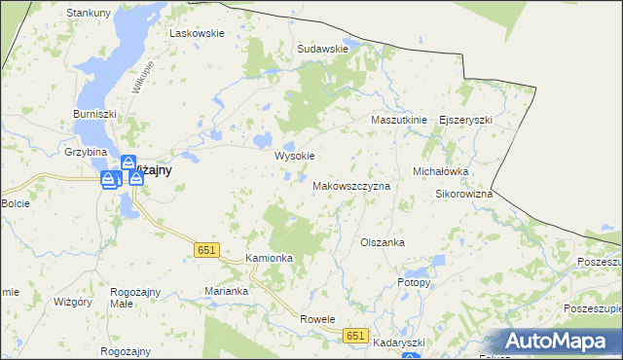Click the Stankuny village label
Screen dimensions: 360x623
pyautogui.click(x=88, y=13)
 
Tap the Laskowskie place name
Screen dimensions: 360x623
pyautogui.click(x=198, y=32)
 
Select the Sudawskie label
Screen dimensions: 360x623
pyautogui.click(x=323, y=48)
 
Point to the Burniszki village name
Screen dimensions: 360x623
pyautogui.click(x=95, y=114)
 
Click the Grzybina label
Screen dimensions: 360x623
pyautogui.click(x=86, y=153)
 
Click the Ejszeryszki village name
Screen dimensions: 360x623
pyautogui.click(x=466, y=120)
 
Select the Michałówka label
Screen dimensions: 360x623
pyautogui.click(x=442, y=170)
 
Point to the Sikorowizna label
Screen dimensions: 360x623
pyautogui.click(x=463, y=194)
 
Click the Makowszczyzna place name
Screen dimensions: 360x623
pyautogui.click(x=351, y=185)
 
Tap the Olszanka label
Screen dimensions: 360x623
pyautogui.click(x=383, y=242)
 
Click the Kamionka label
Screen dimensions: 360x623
pyautogui.click(x=270, y=258)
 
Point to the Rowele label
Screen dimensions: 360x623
pyautogui.click(x=317, y=318)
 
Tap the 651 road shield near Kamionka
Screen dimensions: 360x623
pyautogui.click(x=204, y=250)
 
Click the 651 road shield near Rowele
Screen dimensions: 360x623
pyautogui.click(x=356, y=335)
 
